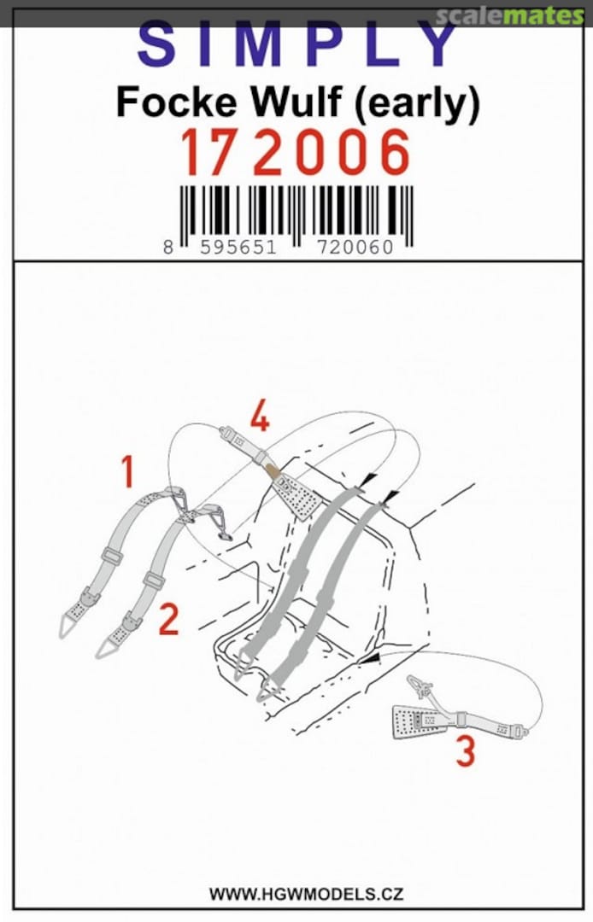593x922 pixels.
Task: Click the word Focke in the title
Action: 177,102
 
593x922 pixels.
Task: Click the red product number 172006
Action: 296,153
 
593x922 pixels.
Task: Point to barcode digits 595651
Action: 238,247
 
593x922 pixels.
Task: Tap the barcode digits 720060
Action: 355,247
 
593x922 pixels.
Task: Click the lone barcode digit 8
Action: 169,247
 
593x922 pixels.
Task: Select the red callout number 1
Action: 127,471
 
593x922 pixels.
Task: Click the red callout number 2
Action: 169,619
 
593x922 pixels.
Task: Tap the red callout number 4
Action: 260,417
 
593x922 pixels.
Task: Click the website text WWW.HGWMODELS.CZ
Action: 306,895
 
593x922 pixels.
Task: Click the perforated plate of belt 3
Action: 414,721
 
